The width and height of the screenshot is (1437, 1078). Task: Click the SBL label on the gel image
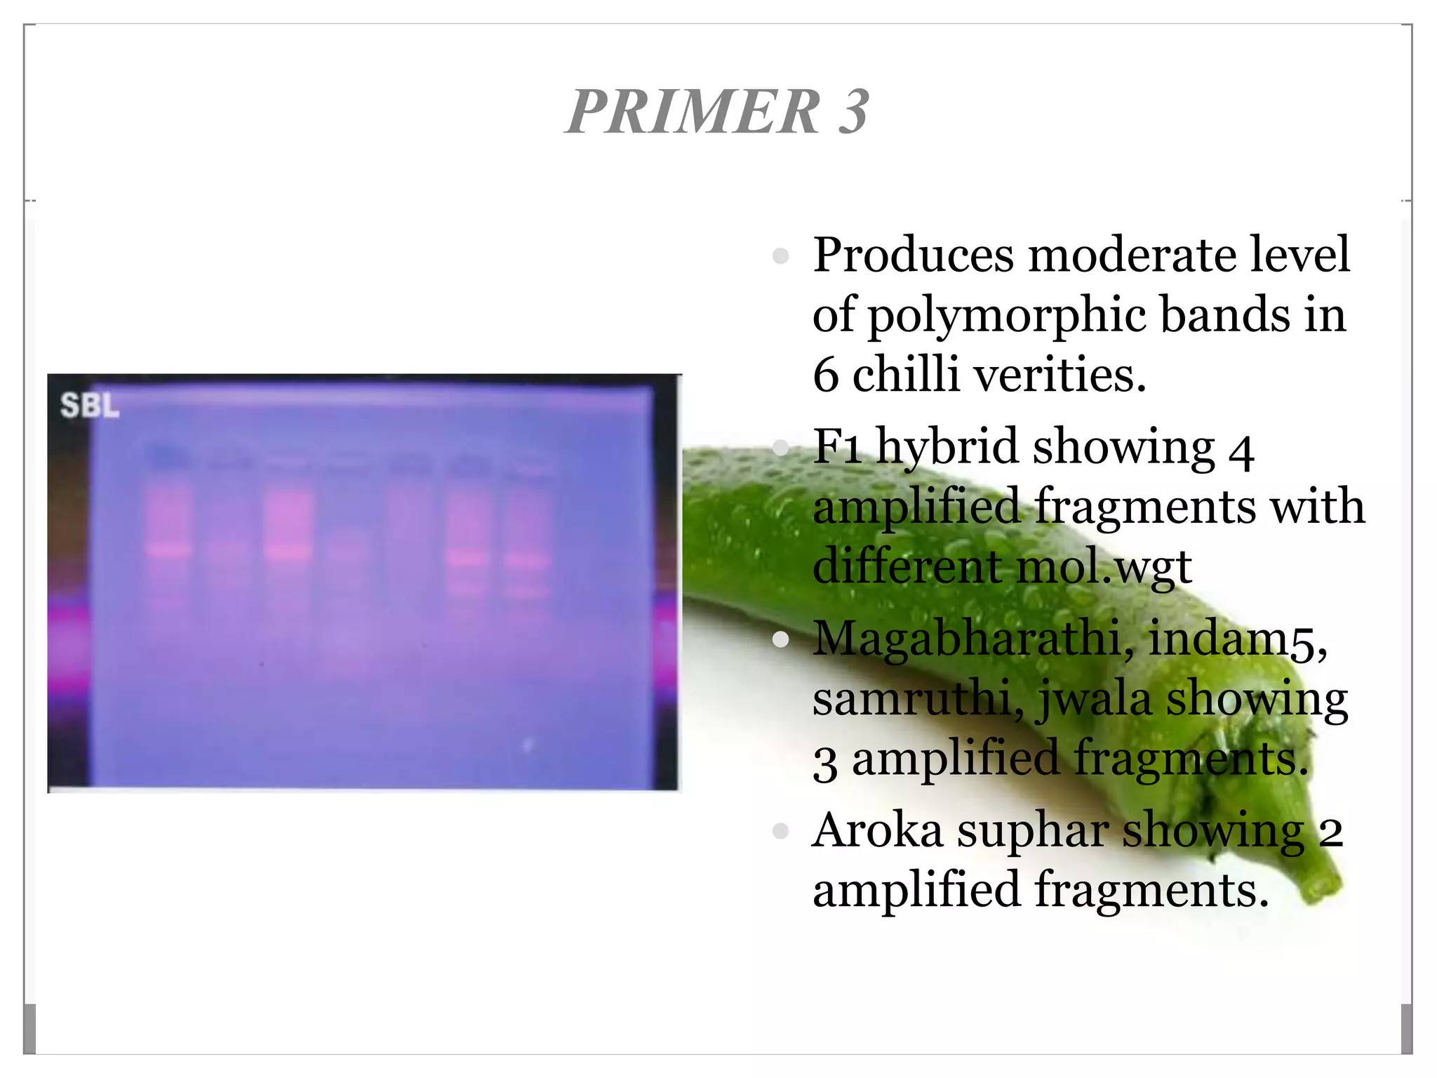90,406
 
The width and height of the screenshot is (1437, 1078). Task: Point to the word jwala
1094,700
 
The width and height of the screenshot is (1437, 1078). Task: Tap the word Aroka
877,830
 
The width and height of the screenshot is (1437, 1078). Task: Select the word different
897,566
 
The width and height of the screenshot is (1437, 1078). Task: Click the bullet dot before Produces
780,256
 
